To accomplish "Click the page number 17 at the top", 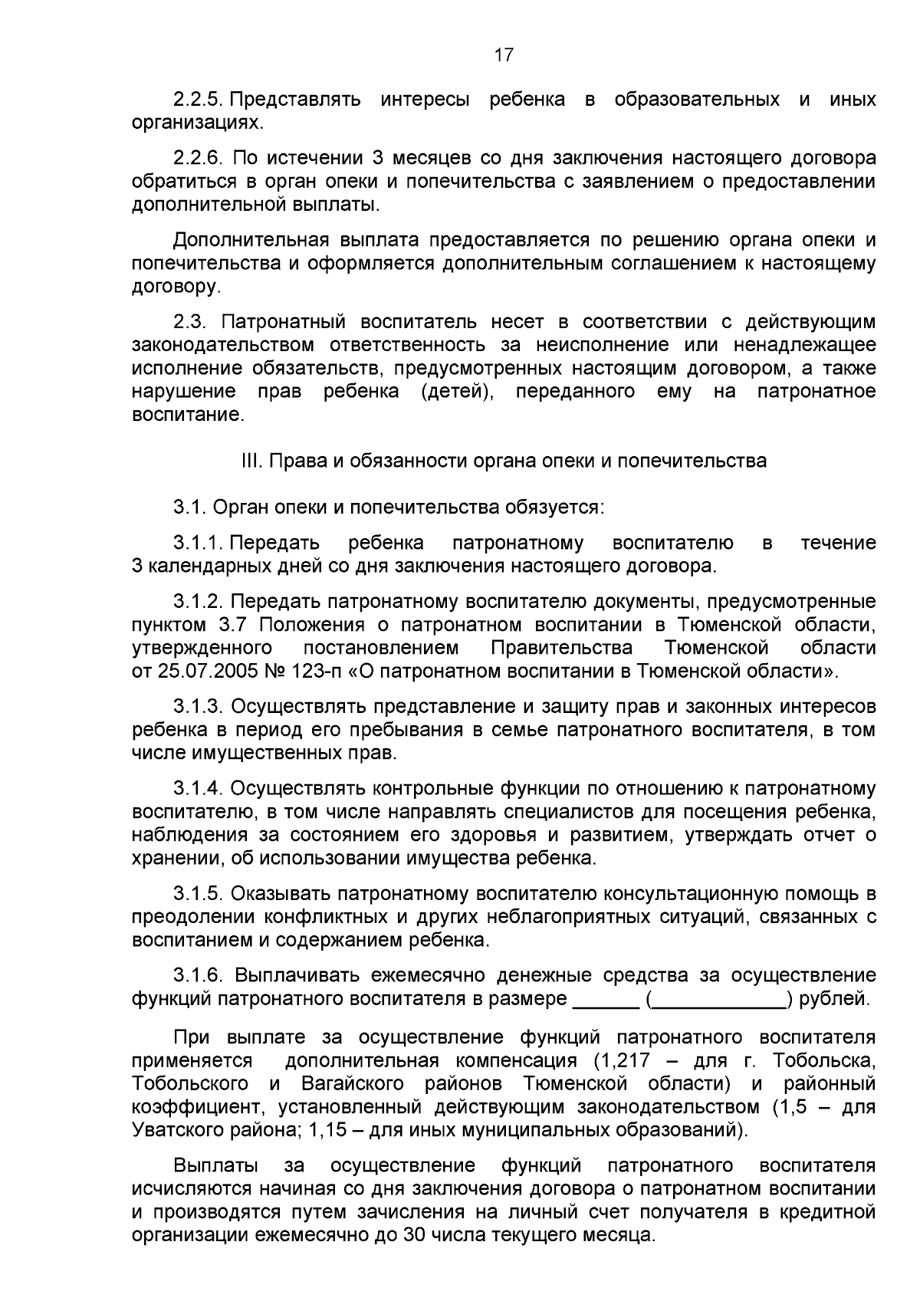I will (x=503, y=55).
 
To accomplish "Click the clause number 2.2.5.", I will (x=197, y=100).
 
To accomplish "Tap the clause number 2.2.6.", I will (x=197, y=159).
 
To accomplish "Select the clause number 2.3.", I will (x=189, y=321).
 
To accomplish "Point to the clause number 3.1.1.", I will (x=197, y=543).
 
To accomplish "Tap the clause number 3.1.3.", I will (x=197, y=705).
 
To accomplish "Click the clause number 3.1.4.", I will (x=197, y=788).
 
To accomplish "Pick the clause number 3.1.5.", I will (x=197, y=894).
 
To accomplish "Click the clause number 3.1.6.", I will (x=197, y=976).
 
